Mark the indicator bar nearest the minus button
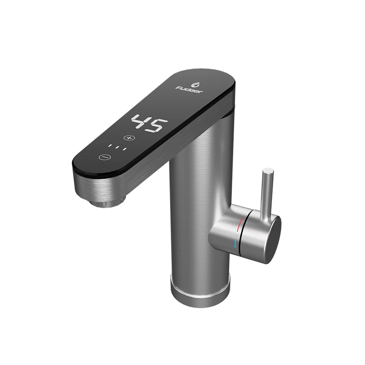(109, 146)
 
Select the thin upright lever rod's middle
(266, 192)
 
